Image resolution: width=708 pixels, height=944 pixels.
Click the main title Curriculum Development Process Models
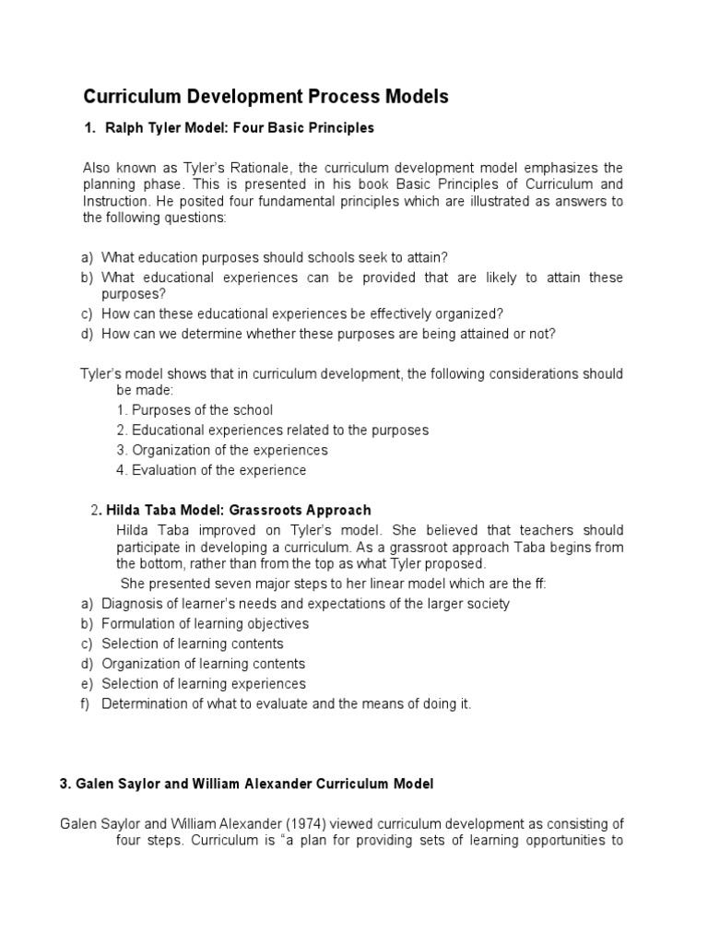[x=265, y=97]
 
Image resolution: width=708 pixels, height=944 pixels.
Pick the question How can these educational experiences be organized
[x=302, y=313]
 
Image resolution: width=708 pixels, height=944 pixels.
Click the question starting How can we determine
[x=328, y=334]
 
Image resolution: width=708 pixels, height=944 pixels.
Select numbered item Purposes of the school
[x=202, y=409]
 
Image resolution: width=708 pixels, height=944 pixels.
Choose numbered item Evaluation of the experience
[x=218, y=470]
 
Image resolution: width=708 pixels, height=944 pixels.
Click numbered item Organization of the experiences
[x=230, y=450]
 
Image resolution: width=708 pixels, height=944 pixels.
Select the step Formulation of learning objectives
[x=205, y=624]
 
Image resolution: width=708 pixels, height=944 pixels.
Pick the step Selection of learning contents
[x=192, y=644]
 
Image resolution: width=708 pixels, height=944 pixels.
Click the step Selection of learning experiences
[x=204, y=684]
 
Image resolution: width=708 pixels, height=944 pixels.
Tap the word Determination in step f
[x=143, y=704]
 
